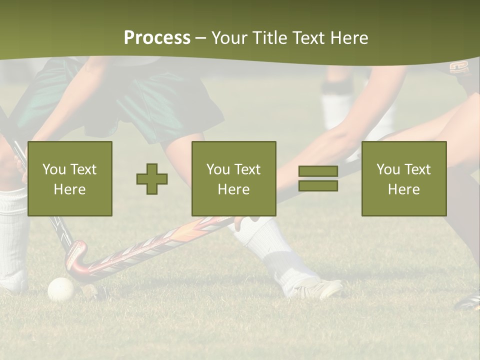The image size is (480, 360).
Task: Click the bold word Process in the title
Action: (x=157, y=38)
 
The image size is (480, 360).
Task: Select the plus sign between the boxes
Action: (x=152, y=178)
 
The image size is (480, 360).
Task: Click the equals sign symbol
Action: (x=318, y=178)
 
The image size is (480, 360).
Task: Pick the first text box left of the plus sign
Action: (x=70, y=178)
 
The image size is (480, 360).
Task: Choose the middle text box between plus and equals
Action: (x=233, y=178)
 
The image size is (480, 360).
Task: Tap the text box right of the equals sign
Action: (x=403, y=178)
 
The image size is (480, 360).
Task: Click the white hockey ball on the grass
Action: (x=60, y=289)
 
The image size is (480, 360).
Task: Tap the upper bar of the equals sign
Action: (x=318, y=171)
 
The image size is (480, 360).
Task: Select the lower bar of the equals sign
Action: (x=318, y=186)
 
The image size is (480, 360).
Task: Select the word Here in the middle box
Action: (x=233, y=189)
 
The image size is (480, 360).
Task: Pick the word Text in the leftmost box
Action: (x=83, y=169)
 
